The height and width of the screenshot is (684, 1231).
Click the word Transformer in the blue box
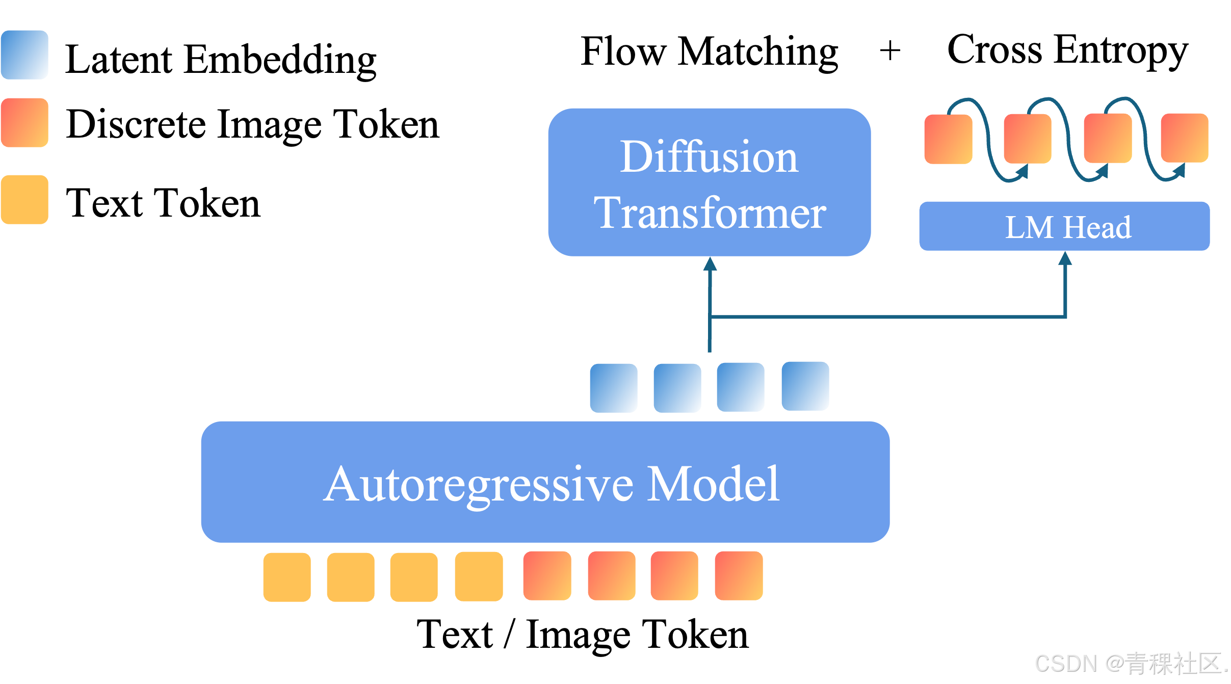pyautogui.click(x=709, y=213)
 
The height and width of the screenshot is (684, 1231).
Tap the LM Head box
pyautogui.click(x=1064, y=226)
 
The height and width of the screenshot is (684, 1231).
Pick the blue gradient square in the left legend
pyautogui.click(x=24, y=55)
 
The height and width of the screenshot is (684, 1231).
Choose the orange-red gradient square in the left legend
pyautogui.click(x=24, y=122)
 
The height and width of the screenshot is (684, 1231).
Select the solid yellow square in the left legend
pyautogui.click(x=24, y=199)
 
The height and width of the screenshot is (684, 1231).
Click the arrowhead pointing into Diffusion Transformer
pyautogui.click(x=710, y=264)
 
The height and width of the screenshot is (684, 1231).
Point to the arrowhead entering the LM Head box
pyautogui.click(x=1065, y=258)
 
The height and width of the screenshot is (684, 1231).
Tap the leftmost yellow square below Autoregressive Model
pyautogui.click(x=287, y=577)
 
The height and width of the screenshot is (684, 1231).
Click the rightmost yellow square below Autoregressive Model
pyautogui.click(x=479, y=576)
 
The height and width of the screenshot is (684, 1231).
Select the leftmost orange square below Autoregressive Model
pyautogui.click(x=547, y=575)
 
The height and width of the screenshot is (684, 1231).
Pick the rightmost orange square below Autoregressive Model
pyautogui.click(x=739, y=575)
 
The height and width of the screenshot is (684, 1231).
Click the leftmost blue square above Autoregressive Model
pyautogui.click(x=614, y=388)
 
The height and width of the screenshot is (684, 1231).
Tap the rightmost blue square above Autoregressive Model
pyautogui.click(x=805, y=386)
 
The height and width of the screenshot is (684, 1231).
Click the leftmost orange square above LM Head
pyautogui.click(x=948, y=139)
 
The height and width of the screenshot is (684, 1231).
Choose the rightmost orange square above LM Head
pyautogui.click(x=1185, y=138)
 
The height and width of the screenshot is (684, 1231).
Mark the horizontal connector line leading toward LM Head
pyautogui.click(x=887, y=317)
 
